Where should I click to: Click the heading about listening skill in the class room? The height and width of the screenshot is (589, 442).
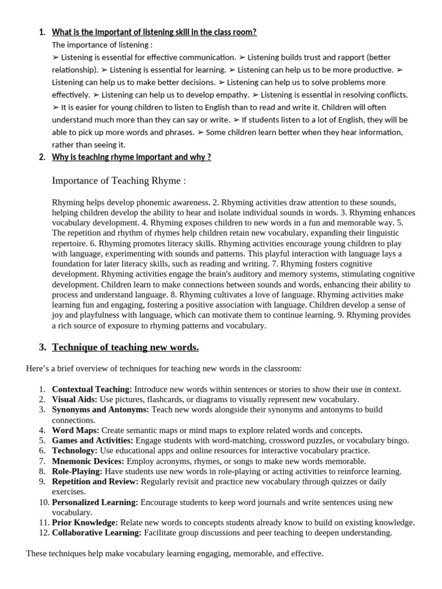[x=154, y=32]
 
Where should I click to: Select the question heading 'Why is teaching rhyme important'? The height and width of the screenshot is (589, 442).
[x=131, y=157]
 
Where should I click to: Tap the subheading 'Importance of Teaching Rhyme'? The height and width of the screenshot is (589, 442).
[x=119, y=181]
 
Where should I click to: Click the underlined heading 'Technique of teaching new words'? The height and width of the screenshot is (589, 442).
[x=125, y=347]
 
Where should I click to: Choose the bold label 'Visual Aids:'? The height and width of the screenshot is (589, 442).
[x=74, y=399]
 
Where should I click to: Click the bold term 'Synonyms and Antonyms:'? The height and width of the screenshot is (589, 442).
[x=100, y=410]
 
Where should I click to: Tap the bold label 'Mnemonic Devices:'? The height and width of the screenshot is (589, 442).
[x=88, y=461]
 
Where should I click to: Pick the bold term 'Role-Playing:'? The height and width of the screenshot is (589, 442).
[x=77, y=472]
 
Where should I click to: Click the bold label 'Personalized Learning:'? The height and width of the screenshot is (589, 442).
[x=95, y=502]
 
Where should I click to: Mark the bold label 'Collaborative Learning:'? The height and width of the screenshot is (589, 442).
[x=97, y=533]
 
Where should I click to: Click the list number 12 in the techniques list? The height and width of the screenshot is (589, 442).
[x=42, y=533]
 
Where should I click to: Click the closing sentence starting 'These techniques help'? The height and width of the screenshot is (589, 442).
[x=174, y=554]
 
